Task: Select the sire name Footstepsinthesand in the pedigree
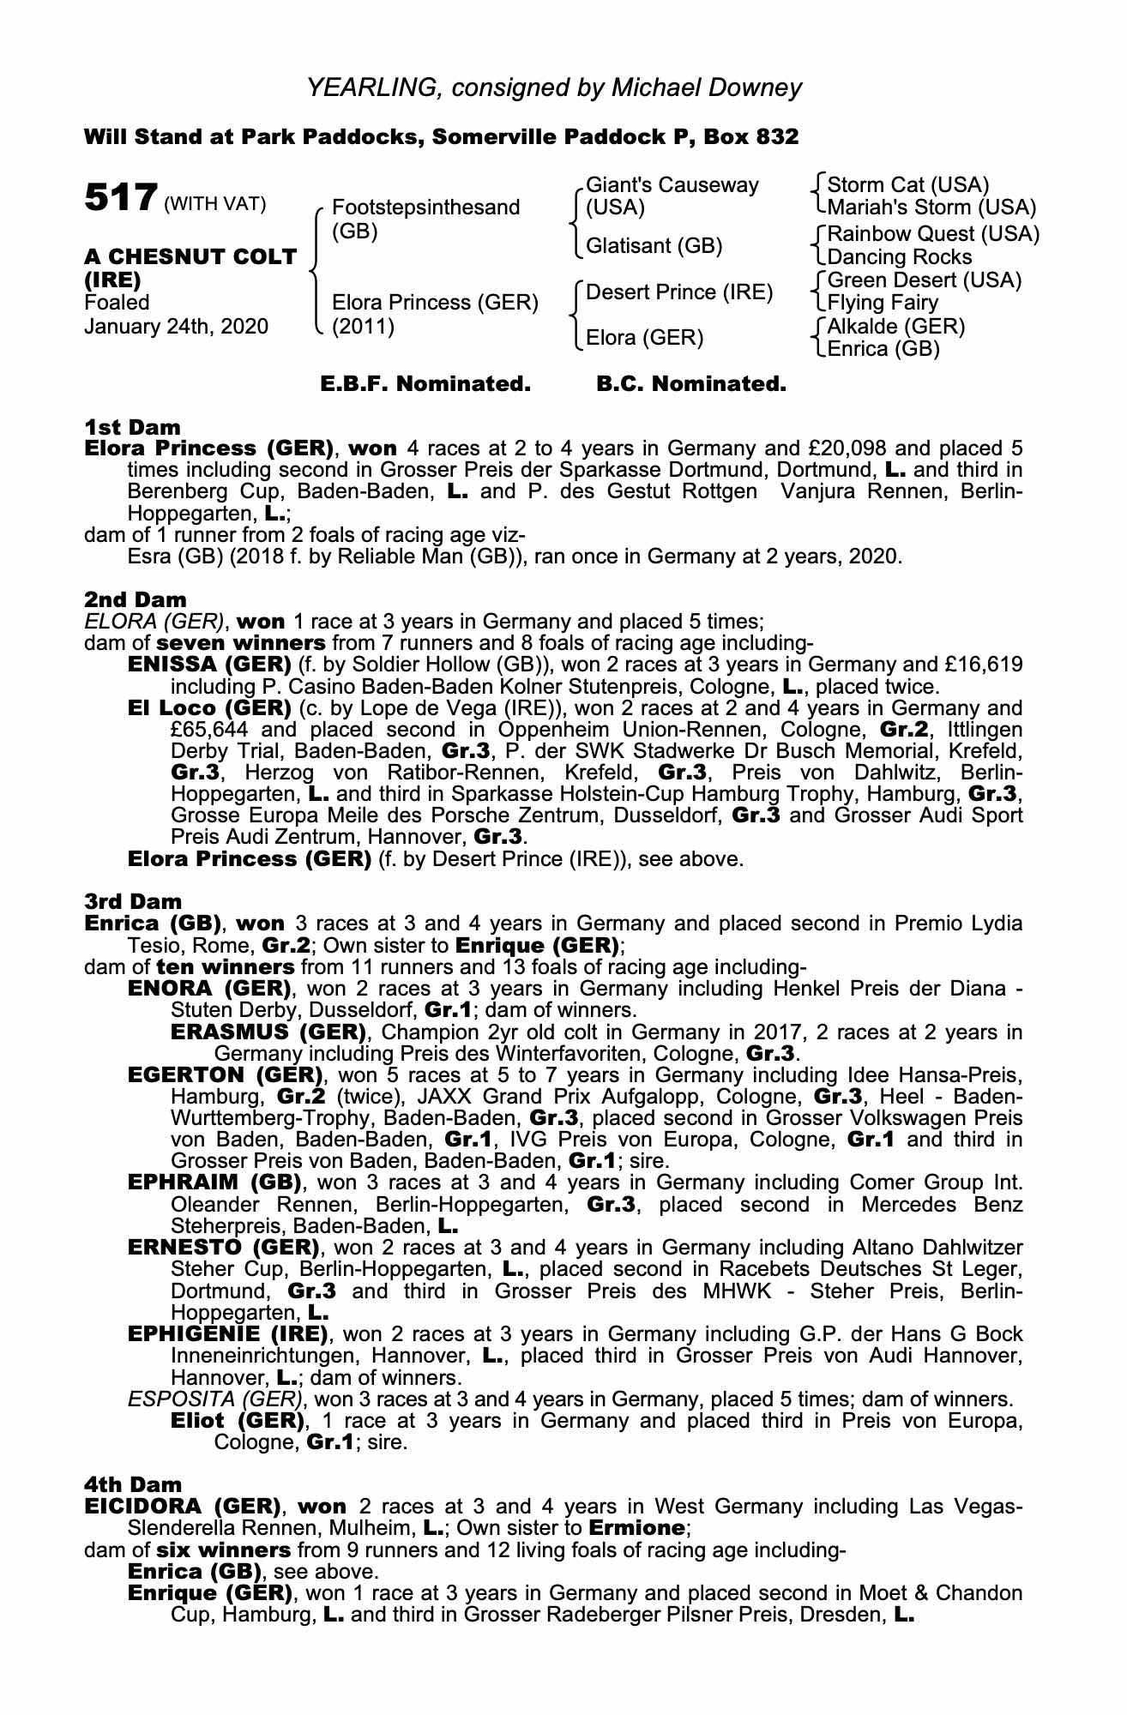[x=425, y=208]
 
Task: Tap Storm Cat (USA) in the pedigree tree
[x=908, y=184]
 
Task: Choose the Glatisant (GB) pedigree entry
[x=654, y=246]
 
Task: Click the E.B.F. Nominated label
[x=425, y=384]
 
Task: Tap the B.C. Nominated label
[x=690, y=384]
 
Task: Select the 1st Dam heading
[x=132, y=427]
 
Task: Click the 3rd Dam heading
[x=133, y=901]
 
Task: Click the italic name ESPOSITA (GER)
[x=214, y=1399]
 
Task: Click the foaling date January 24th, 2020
[x=176, y=326]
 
